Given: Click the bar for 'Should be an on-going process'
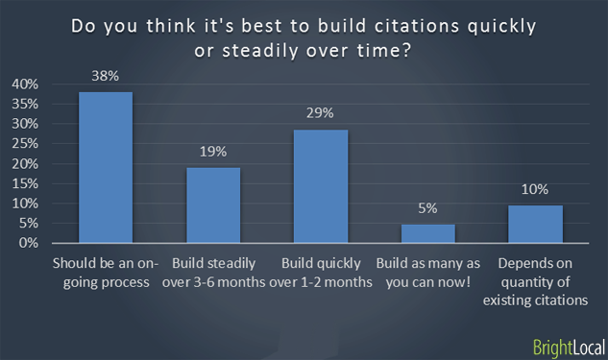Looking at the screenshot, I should (x=106, y=168).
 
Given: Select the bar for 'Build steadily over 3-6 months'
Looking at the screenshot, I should (x=213, y=205).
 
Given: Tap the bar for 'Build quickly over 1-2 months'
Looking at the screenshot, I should (x=321, y=186).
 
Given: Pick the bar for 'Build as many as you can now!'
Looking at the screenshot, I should (x=428, y=233).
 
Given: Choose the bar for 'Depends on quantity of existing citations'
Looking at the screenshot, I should (x=535, y=224).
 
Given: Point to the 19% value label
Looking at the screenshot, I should (x=213, y=152).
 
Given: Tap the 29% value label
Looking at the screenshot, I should (x=321, y=113).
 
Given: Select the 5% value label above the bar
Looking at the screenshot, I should (x=428, y=208).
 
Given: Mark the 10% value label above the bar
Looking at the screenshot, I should (x=535, y=189).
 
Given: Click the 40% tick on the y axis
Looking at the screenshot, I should (x=26, y=84).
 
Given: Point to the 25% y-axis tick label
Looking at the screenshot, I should (x=26, y=144).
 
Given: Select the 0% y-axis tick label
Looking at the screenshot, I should (x=29, y=243).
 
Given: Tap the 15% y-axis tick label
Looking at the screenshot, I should (x=26, y=183).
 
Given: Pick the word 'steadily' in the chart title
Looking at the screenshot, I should (x=260, y=49).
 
